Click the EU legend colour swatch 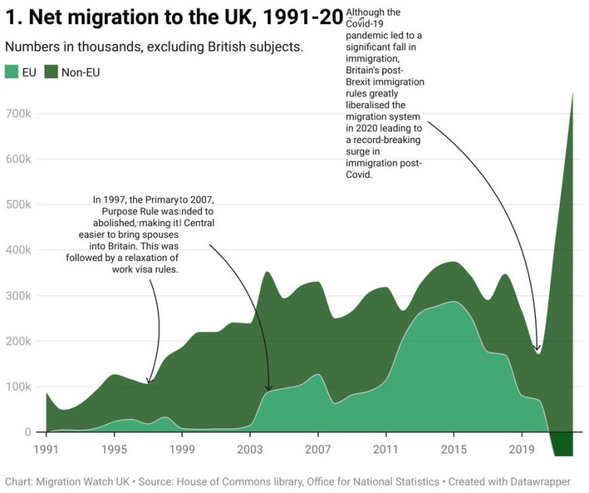pyautogui.click(x=12, y=72)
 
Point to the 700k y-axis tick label pyautogui.click(x=16, y=113)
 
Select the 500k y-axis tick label pyautogui.click(x=16, y=205)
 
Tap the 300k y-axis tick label pyautogui.click(x=16, y=296)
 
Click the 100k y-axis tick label pyautogui.click(x=16, y=386)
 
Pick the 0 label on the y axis pyautogui.click(x=26, y=432)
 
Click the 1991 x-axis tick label pyautogui.click(x=46, y=448)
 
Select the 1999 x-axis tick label pyautogui.click(x=182, y=448)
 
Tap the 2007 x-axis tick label pyautogui.click(x=318, y=448)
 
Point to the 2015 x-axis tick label pyautogui.click(x=454, y=448)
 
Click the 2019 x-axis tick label pyautogui.click(x=522, y=448)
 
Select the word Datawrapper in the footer pyautogui.click(x=539, y=481)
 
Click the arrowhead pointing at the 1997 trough pyautogui.click(x=149, y=382)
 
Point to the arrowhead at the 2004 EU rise pyautogui.click(x=269, y=389)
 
